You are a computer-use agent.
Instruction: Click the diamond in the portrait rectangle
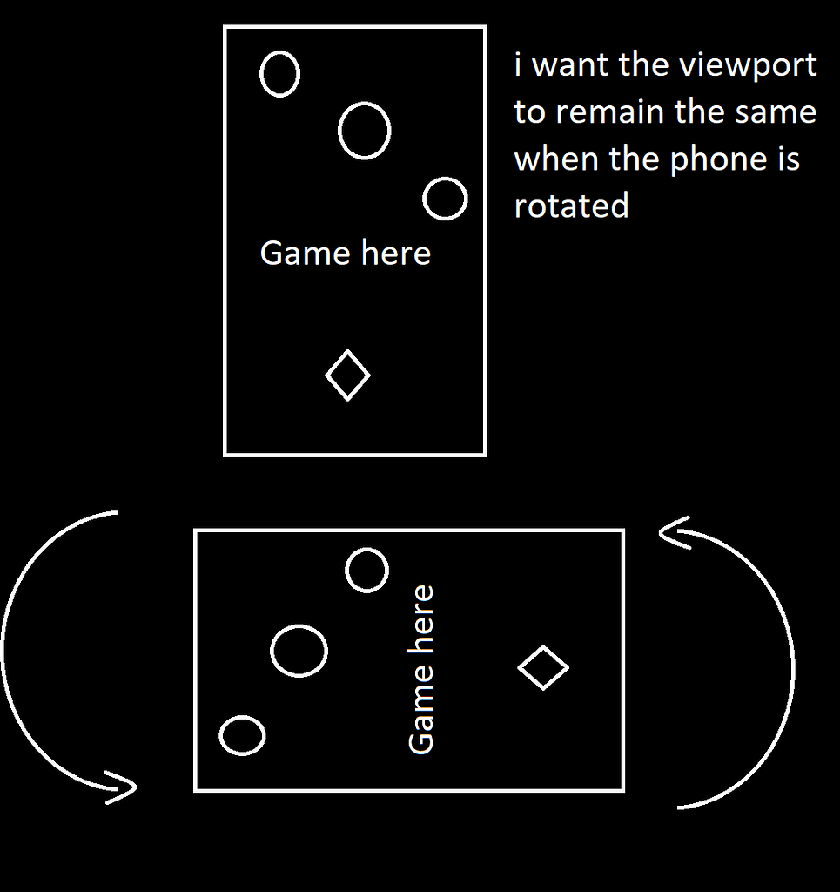pos(347,375)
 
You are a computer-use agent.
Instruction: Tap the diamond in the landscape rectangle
pos(543,668)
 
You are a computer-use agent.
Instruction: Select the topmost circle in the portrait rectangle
pos(279,73)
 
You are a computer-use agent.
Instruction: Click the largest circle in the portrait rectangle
pos(364,131)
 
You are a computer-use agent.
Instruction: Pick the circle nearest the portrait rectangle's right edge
pos(445,199)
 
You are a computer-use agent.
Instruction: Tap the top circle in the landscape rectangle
pos(366,571)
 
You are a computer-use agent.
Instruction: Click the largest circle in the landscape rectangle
pos(299,651)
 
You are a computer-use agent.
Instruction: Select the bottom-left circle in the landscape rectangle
pos(242,735)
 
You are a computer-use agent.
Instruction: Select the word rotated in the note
pos(571,206)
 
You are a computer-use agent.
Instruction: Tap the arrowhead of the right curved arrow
pos(671,532)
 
